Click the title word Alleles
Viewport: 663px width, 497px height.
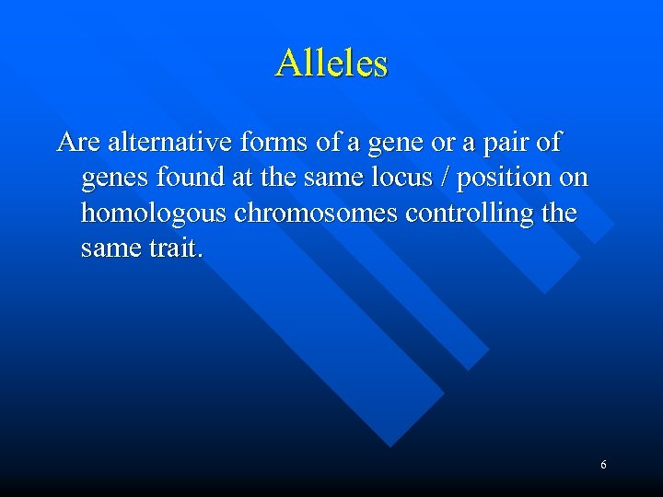point(331,63)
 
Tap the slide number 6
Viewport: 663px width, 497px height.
point(603,465)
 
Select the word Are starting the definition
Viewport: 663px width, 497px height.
point(78,143)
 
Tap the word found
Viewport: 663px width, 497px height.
point(181,178)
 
